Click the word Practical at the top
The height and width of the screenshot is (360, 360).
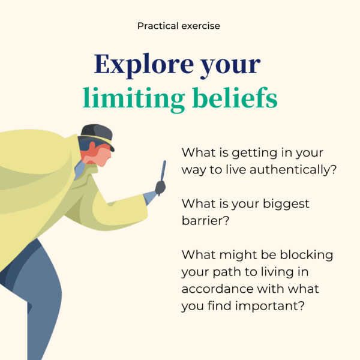pyautogui.click(x=158, y=26)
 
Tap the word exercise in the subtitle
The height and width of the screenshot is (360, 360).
pyautogui.click(x=200, y=26)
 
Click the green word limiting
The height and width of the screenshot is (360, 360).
pyautogui.click(x=134, y=99)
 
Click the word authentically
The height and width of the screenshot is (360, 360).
pyautogui.click(x=290, y=170)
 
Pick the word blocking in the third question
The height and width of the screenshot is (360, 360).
pyautogui.click(x=307, y=256)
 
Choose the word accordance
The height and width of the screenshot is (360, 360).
pyautogui.click(x=217, y=289)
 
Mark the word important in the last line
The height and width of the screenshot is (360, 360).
pyautogui.click(x=267, y=306)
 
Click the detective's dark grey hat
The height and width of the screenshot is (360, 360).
pyautogui.click(x=98, y=136)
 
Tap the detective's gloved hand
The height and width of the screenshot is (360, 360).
pyautogui.click(x=160, y=188)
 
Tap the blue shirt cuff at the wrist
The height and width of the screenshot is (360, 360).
pyautogui.click(x=149, y=197)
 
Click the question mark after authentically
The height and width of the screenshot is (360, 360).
pyautogui.click(x=334, y=169)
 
